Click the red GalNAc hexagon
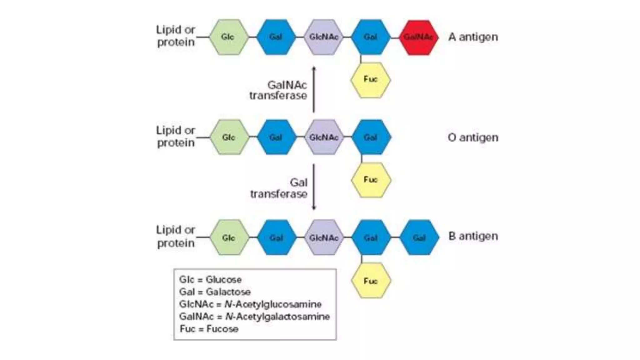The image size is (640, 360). click(418, 37)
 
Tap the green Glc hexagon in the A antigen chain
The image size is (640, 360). click(228, 37)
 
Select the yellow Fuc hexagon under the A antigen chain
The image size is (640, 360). click(370, 80)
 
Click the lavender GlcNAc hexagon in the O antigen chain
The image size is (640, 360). click(324, 137)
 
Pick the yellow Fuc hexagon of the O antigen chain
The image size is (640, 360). click(371, 180)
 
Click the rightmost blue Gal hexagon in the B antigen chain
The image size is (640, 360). click(419, 237)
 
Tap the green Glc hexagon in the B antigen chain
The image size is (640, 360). click(229, 237)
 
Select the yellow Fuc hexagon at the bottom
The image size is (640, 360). click(371, 281)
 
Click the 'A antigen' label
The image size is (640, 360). click(473, 37)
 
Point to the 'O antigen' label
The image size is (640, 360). click(473, 137)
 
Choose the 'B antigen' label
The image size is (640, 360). click(473, 236)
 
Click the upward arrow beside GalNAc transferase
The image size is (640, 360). click(314, 89)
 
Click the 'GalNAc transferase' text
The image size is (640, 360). click(278, 90)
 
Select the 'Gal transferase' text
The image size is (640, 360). click(279, 188)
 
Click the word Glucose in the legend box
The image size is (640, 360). click(223, 279)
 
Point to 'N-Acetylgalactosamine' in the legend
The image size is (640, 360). click(277, 317)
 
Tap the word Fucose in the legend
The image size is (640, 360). click(222, 329)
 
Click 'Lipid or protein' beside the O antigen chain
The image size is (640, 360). click(176, 137)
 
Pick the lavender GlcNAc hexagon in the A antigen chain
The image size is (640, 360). click(323, 37)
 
